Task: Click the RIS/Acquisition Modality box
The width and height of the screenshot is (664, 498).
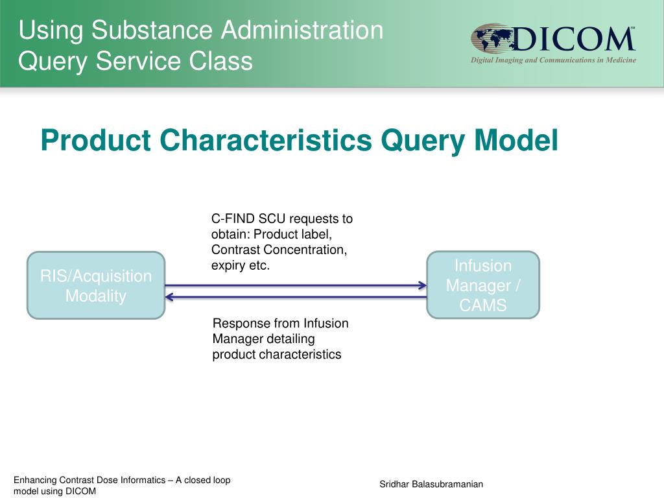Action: [96, 285]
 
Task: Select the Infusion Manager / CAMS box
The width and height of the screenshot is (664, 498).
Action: [483, 285]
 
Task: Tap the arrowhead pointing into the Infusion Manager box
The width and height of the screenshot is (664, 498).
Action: [422, 285]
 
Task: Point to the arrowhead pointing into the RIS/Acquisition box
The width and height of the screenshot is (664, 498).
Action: [169, 297]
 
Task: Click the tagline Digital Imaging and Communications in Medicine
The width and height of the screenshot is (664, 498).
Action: [553, 60]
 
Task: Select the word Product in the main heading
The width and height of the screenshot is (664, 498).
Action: [96, 140]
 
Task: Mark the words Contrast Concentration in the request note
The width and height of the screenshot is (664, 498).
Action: [279, 250]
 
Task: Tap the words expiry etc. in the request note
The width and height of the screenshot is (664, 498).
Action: [240, 265]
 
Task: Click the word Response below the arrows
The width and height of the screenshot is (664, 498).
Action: [238, 323]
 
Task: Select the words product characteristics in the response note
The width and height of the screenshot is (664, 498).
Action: [277, 354]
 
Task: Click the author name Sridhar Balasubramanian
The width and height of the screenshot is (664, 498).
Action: [431, 485]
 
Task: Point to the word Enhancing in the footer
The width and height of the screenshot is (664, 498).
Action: [35, 480]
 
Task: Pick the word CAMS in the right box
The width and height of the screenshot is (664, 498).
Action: [483, 305]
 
